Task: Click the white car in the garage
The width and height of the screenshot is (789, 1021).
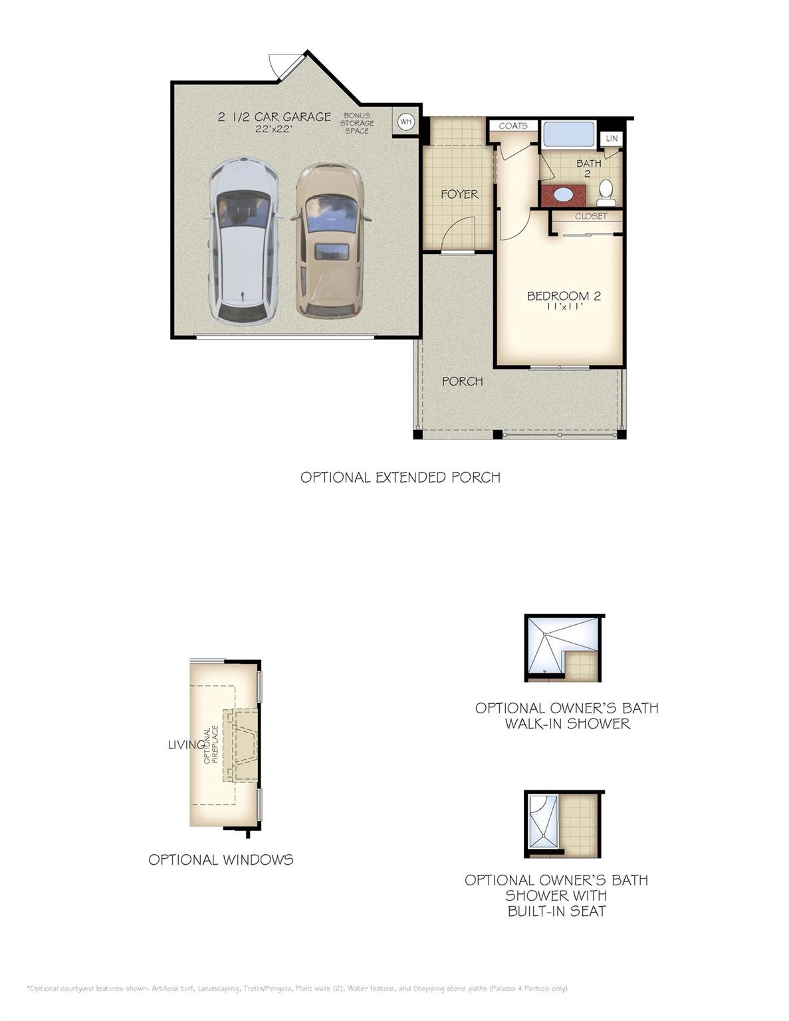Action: click(243, 239)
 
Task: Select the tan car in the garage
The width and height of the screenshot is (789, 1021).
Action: click(331, 239)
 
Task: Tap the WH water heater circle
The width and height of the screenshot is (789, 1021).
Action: click(405, 122)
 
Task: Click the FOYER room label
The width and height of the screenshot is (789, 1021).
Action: click(459, 194)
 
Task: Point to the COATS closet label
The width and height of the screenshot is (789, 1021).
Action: click(513, 126)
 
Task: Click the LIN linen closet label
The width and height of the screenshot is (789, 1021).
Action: click(612, 138)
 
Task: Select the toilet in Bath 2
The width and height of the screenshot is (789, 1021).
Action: click(606, 193)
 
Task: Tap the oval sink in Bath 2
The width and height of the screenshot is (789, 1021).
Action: click(562, 194)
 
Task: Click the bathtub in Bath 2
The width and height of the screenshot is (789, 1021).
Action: click(569, 135)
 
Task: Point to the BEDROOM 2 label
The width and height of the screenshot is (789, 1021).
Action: click(564, 296)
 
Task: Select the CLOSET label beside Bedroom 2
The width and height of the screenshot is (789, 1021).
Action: click(591, 216)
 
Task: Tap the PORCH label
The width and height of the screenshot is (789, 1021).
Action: click(462, 382)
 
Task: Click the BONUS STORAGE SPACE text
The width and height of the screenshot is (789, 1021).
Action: click(357, 123)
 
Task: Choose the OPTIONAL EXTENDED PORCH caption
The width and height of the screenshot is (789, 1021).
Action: click(400, 477)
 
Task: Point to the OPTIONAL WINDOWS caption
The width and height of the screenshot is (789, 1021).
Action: click(221, 860)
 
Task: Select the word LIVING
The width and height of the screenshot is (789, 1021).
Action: click(186, 744)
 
